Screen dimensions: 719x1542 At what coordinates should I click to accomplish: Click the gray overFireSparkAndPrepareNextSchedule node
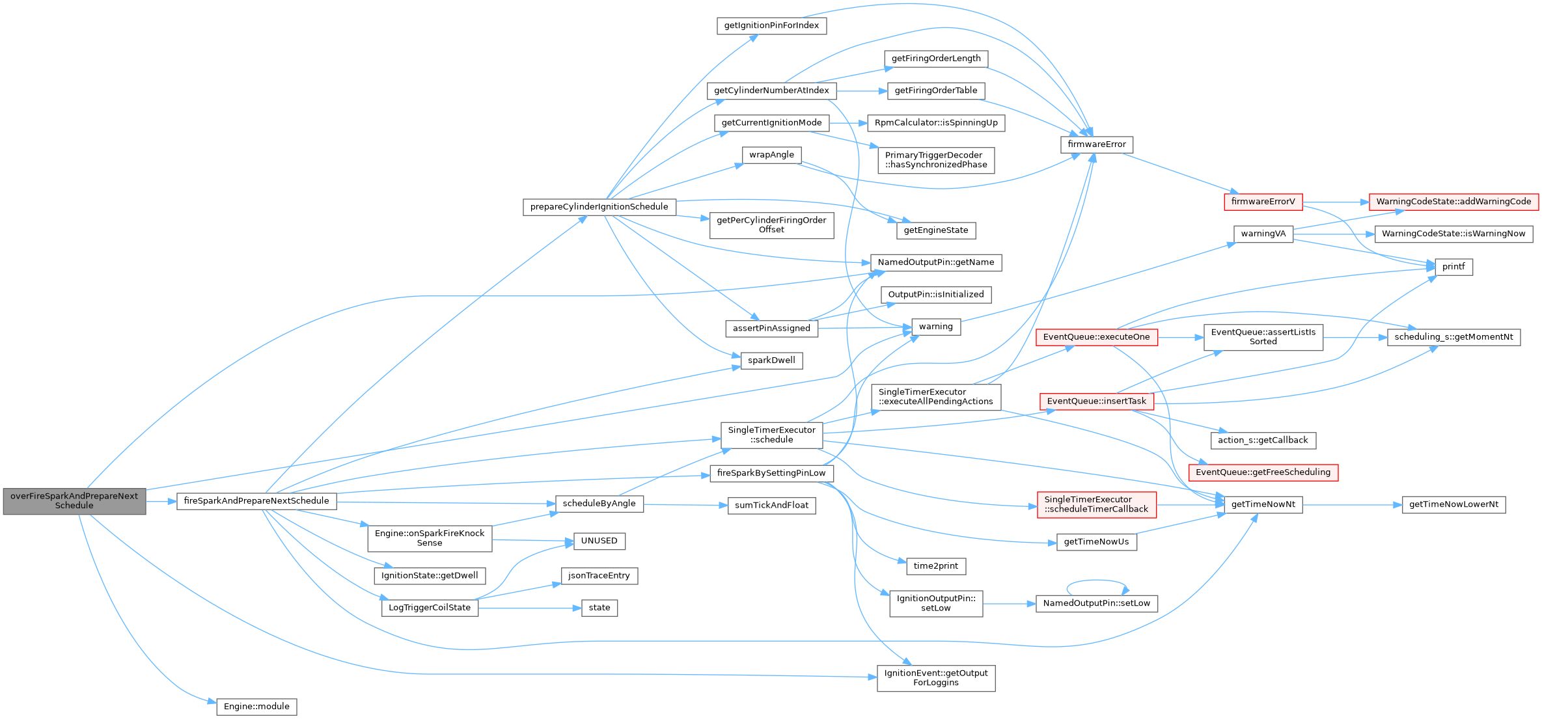74,500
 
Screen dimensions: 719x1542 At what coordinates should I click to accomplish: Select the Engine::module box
256,707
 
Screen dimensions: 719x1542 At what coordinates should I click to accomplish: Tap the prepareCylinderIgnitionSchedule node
599,207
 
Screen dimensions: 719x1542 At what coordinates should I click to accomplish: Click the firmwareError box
1097,144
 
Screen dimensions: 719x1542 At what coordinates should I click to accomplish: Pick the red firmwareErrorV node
1263,202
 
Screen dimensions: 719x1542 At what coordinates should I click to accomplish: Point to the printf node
1453,267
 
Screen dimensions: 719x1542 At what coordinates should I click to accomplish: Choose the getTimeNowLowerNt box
1453,504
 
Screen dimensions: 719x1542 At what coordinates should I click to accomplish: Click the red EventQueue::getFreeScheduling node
1263,472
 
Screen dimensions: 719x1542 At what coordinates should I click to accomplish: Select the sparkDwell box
771,360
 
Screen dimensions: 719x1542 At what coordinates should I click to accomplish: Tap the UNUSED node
599,541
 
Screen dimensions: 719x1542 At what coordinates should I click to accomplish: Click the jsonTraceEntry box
599,576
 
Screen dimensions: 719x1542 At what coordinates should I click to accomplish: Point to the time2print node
935,566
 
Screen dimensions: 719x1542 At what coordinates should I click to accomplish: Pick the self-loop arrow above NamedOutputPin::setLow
1097,581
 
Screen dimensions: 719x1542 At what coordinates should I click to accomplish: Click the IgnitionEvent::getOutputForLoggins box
935,678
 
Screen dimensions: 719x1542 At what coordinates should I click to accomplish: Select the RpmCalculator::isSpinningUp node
935,123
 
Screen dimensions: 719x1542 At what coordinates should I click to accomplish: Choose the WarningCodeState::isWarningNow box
1453,234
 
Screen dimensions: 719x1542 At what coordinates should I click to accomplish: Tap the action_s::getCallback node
1263,441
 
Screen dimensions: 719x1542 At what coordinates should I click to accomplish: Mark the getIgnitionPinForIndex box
771,26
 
